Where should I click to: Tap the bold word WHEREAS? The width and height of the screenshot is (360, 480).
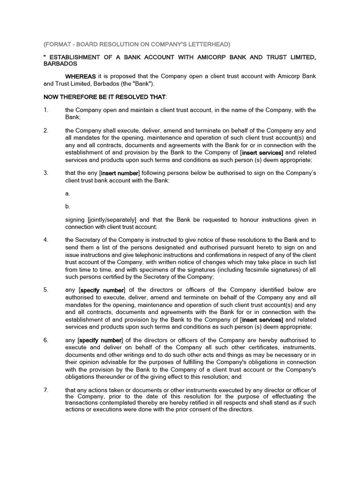coord(81,76)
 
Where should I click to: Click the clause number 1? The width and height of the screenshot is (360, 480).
coord(45,110)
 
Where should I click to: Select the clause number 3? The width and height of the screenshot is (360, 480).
coord(45,172)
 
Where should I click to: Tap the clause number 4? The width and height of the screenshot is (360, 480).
coord(45,240)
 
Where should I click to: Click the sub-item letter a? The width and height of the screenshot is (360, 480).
coord(67,193)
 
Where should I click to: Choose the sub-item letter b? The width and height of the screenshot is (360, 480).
coord(67,206)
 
